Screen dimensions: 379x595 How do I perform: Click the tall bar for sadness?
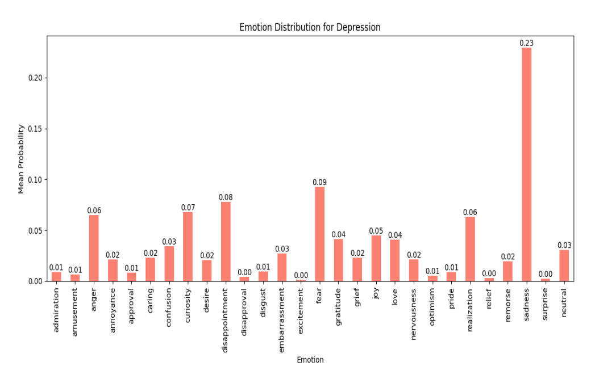click(527, 165)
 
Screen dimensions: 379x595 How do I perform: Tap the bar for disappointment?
click(226, 242)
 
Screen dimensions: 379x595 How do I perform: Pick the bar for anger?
click(94, 248)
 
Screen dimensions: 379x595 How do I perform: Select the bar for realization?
click(470, 249)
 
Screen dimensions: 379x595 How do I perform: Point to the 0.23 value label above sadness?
click(527, 43)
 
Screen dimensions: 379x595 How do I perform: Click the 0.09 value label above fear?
click(320, 182)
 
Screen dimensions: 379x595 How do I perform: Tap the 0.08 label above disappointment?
click(226, 197)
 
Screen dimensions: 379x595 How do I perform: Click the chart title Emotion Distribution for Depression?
click(310, 27)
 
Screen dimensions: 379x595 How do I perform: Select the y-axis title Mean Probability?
click(21, 159)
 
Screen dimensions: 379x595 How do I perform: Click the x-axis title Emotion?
click(310, 360)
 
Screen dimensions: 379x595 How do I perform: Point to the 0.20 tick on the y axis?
click(35, 78)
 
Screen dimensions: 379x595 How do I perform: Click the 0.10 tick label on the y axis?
click(35, 180)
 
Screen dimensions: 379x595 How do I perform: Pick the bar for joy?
click(376, 258)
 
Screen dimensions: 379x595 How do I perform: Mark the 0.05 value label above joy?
click(376, 231)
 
